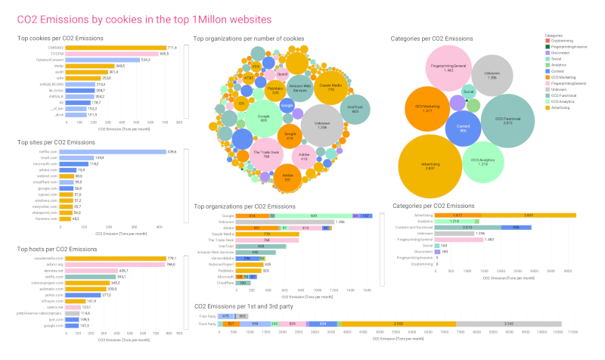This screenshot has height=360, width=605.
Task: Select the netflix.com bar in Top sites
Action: pos(113,152)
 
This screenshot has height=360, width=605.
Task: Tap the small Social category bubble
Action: pos(469,92)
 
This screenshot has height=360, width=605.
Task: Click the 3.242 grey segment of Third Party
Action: pos(509,323)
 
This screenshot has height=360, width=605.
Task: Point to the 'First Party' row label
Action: pos(206,315)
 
